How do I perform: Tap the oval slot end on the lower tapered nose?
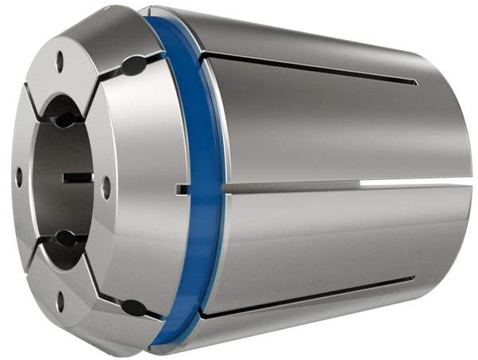pyautogui.click(x=134, y=306)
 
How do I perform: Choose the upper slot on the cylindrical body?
pyautogui.click(x=311, y=68)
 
